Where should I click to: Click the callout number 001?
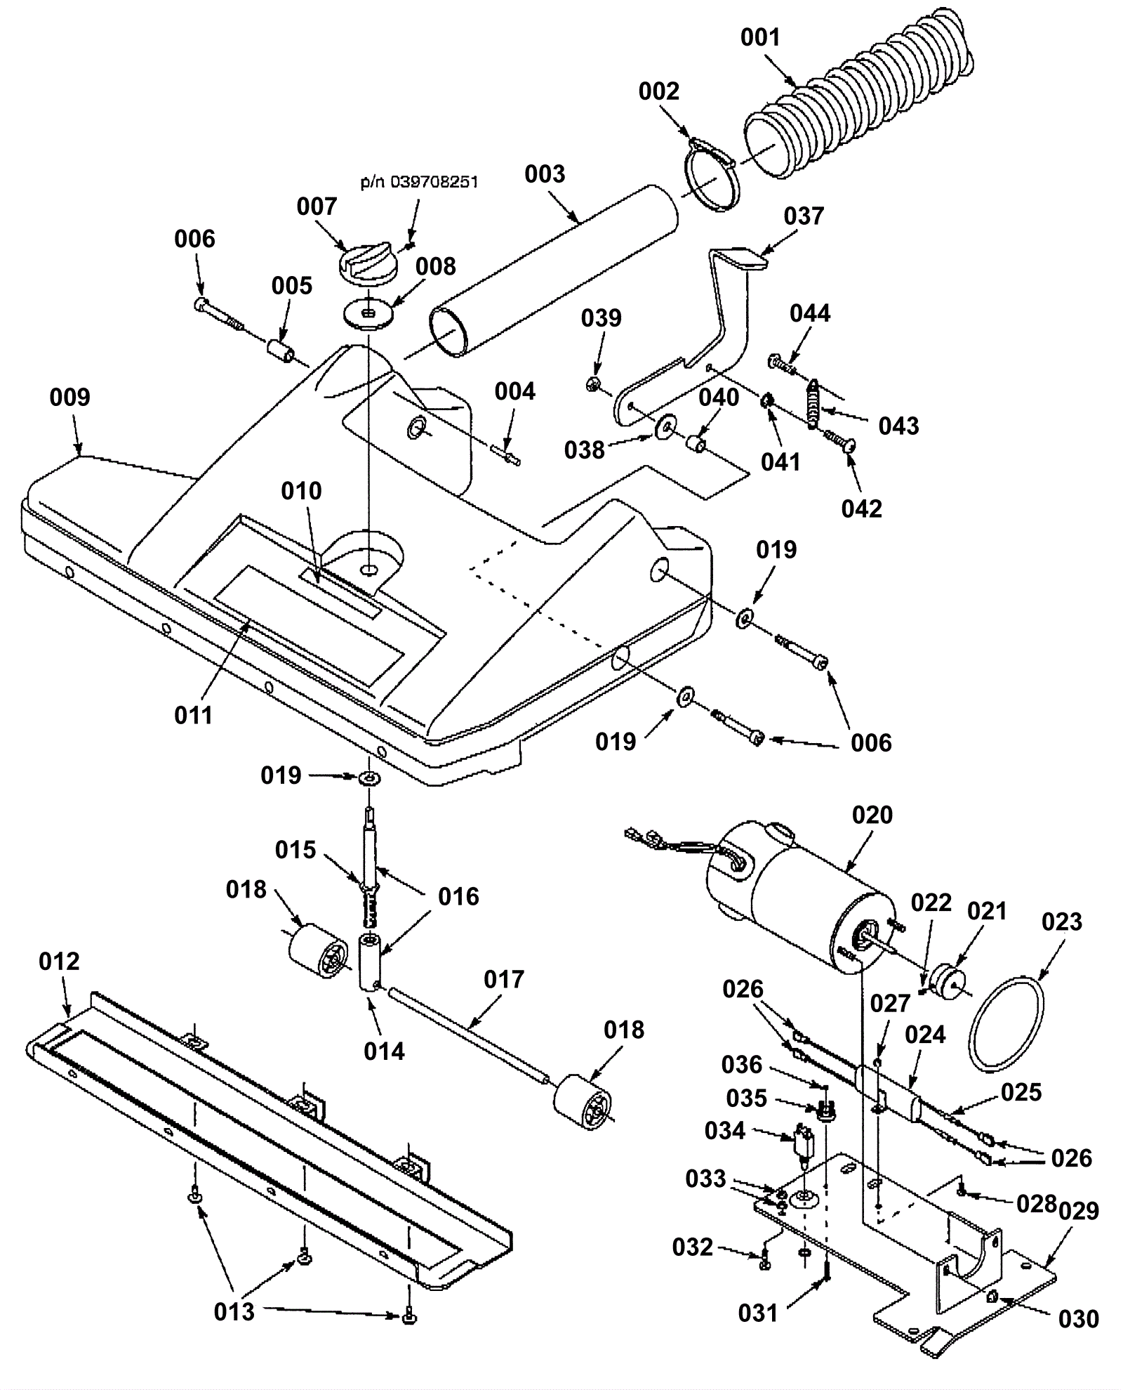tap(760, 37)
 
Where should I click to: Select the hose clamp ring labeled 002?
tap(709, 176)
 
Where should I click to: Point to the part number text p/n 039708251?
tap(419, 182)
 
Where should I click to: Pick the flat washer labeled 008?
tap(368, 311)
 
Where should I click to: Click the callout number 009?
tap(69, 398)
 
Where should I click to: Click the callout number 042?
tap(861, 508)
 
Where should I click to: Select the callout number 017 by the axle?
tap(504, 979)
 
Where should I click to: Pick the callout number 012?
tap(59, 961)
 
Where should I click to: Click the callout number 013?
tap(234, 1311)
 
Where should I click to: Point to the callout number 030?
tap(1078, 1319)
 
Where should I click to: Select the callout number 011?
tap(193, 715)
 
